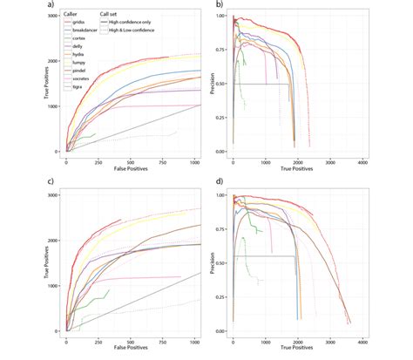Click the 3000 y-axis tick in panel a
(x=52, y=15)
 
